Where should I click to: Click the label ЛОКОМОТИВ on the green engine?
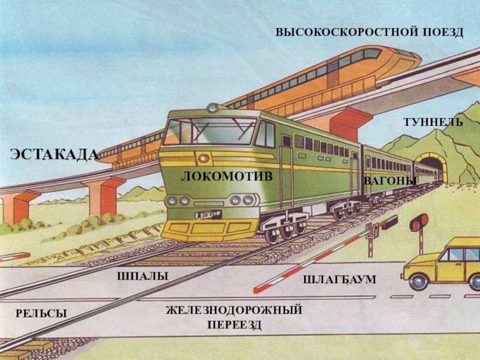(227, 176)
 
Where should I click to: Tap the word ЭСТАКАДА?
(55, 154)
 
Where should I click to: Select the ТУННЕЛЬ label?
(433, 122)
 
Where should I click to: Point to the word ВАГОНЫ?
(389, 181)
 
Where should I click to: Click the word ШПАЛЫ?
(143, 276)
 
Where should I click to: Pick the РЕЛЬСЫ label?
(41, 313)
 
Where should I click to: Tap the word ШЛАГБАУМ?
(340, 280)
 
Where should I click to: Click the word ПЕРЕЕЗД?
(235, 325)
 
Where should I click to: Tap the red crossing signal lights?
(419, 222)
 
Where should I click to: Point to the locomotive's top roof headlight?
(212, 108)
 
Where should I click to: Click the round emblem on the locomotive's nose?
(203, 158)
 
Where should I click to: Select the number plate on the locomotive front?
(208, 214)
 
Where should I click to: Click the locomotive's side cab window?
(265, 134)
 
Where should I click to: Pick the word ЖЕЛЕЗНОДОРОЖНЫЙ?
(234, 310)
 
